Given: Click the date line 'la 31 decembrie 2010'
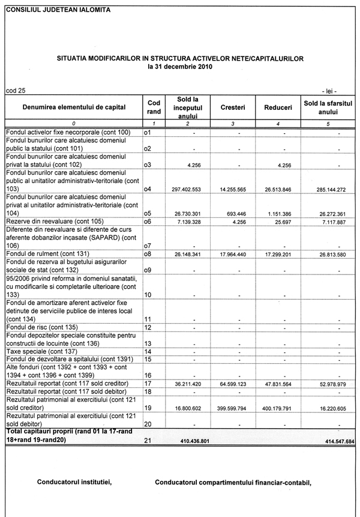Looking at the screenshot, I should coord(180,67).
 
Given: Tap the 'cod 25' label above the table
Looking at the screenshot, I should coord(16,91).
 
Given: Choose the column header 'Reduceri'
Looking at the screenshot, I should coord(278,107).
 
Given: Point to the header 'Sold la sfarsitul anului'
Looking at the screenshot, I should coord(328,107).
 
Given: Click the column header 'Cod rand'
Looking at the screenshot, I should coord(154,107).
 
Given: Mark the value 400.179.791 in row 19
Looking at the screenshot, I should coord(277,408).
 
